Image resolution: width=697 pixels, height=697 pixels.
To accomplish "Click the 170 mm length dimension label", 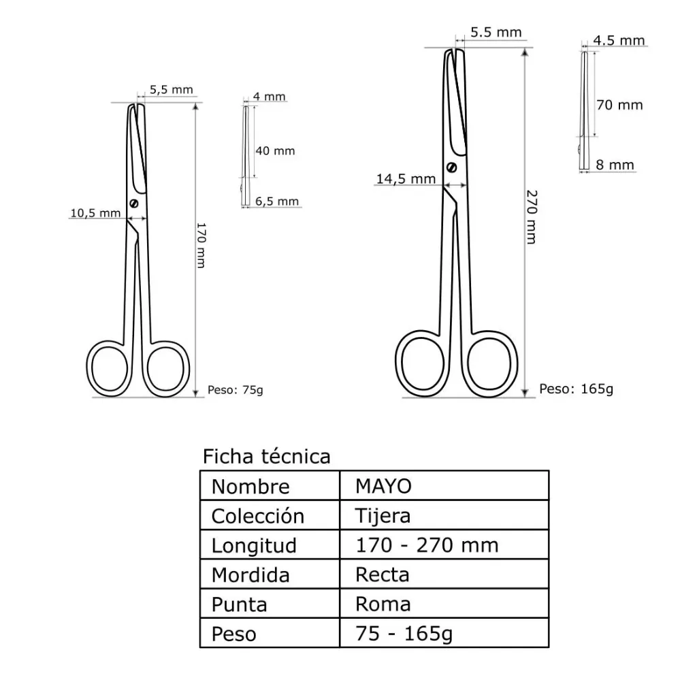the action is tap(201, 245).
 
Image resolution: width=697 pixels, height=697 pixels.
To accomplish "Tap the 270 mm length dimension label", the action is tap(532, 217).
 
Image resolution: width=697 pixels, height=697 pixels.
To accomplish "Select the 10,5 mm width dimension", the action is tap(95, 213).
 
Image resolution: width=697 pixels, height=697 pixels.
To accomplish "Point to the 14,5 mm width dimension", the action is tap(406, 179).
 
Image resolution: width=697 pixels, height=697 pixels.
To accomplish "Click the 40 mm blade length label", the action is tap(275, 150).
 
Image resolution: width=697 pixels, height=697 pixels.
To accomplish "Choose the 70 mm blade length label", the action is tap(619, 105).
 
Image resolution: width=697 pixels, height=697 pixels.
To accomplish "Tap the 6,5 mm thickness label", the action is tap(277, 201).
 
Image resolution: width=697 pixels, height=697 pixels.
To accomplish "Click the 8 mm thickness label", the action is tap(615, 165).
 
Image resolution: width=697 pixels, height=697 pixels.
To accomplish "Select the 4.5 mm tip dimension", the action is tap(619, 40).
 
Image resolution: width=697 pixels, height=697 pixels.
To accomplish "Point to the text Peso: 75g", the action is tap(235, 390).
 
